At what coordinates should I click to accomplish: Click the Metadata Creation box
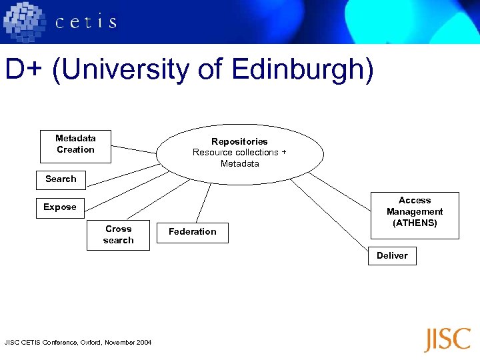(75, 145)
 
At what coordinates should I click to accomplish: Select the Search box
(61, 179)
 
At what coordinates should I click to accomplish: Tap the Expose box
(60, 207)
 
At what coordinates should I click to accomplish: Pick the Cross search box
(118, 235)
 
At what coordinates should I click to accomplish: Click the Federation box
(192, 232)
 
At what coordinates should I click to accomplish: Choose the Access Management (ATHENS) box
(415, 215)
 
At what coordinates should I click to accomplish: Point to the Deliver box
(392, 255)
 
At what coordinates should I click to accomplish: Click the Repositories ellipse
(240, 153)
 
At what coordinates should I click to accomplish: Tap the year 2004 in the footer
(144, 343)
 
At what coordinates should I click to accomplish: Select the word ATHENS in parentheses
(415, 223)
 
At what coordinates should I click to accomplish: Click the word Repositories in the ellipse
(239, 141)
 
